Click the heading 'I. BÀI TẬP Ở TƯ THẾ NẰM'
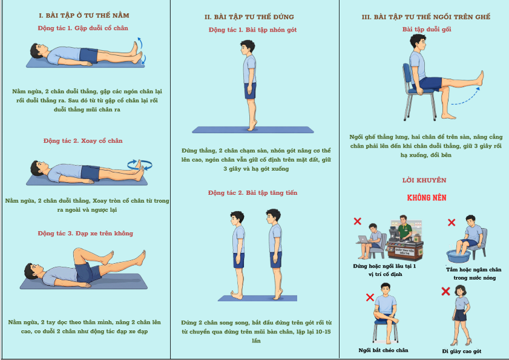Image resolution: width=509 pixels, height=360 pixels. click(84, 15)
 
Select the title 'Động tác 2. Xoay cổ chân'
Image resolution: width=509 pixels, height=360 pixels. click(83, 140)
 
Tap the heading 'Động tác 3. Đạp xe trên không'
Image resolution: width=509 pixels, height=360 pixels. click(85, 233)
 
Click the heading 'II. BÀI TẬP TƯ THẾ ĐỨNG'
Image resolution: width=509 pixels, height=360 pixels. click(249, 17)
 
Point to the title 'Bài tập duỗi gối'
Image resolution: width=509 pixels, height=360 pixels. click(427, 29)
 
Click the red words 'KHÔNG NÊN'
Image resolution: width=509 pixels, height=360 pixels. click(427, 197)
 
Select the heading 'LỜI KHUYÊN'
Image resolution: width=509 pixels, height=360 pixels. click(424, 180)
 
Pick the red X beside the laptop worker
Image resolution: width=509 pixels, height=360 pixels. click(358, 221)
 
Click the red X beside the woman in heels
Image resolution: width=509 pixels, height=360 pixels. click(445, 291)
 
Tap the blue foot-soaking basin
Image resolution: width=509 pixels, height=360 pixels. click(458, 256)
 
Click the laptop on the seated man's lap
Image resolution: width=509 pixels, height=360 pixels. click(364, 240)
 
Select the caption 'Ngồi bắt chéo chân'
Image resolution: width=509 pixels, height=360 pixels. click(383, 350)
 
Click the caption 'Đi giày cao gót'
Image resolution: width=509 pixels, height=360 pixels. click(462, 352)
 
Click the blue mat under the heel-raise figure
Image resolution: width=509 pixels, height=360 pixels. click(253, 130)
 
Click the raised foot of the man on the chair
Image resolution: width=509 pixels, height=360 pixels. click(480, 78)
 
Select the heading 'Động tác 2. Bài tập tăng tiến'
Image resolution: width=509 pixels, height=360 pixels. click(252, 193)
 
